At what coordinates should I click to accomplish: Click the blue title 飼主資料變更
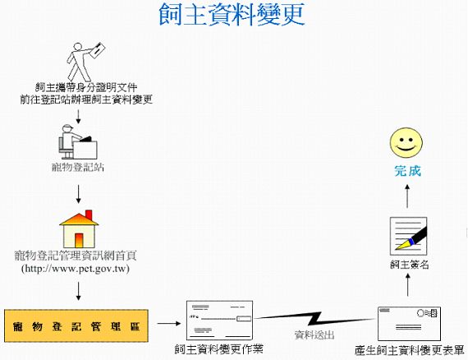point(232,14)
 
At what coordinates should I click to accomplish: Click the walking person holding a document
point(85,62)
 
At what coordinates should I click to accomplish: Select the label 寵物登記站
point(78,167)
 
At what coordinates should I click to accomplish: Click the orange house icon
point(79,228)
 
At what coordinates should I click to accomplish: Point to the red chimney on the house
point(89,215)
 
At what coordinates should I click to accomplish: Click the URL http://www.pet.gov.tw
point(76,268)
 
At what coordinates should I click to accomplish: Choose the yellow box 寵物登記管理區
point(76,326)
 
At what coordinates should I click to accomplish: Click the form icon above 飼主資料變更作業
point(219,321)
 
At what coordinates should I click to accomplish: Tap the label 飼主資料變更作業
point(219,349)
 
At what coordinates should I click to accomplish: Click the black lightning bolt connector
point(314,319)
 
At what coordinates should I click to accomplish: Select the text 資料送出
point(314,335)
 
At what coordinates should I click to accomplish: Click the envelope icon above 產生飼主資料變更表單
point(409,324)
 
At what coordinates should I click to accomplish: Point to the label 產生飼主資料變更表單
point(410,350)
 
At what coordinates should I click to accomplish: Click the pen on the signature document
point(412,238)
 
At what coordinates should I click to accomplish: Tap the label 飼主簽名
point(410,264)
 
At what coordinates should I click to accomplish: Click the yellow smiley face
point(406,142)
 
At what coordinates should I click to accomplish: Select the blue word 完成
point(408,171)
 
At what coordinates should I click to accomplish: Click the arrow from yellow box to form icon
point(169,323)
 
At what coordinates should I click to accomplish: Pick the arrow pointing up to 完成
point(407,196)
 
